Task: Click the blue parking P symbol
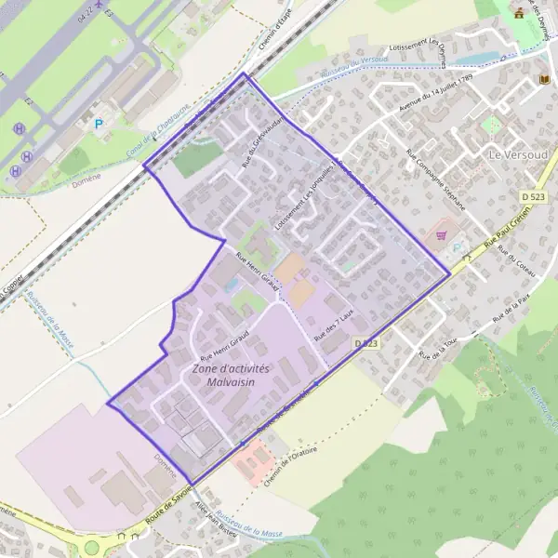(x=98, y=124)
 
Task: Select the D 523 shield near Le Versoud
(x=533, y=197)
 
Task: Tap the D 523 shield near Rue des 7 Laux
(x=366, y=344)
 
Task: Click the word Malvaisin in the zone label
(x=231, y=381)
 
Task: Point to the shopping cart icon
(x=443, y=235)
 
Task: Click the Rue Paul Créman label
(x=503, y=239)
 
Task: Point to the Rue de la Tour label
(x=440, y=347)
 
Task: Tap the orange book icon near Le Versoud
(x=544, y=81)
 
